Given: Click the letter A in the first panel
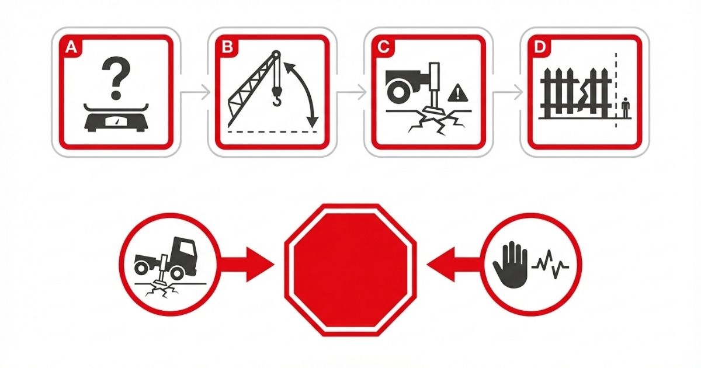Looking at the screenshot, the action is click(x=71, y=47).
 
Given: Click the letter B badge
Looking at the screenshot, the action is click(x=227, y=47).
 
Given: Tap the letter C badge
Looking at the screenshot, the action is click(x=383, y=47).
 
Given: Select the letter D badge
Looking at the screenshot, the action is click(x=539, y=47).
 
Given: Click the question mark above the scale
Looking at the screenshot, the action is click(x=116, y=78).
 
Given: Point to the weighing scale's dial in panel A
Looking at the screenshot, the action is click(x=116, y=121).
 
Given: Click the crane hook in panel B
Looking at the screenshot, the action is click(x=277, y=97).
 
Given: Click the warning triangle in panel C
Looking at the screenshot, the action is click(x=458, y=93).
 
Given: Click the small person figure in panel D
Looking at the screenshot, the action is click(x=625, y=107).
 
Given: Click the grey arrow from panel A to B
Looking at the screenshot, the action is click(x=195, y=92).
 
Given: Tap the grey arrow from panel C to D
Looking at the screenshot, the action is click(x=507, y=92).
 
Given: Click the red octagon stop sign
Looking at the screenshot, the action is click(x=350, y=270).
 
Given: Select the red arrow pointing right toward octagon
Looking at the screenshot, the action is click(x=247, y=265).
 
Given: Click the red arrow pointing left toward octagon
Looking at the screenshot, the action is click(x=454, y=265).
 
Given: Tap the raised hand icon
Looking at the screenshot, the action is click(x=510, y=265).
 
